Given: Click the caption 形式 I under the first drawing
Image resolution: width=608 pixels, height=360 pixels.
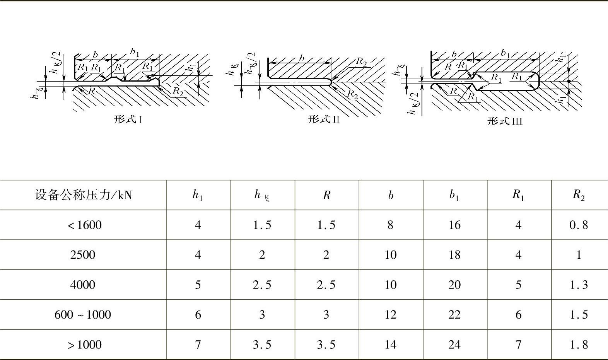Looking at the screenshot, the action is [x=128, y=119].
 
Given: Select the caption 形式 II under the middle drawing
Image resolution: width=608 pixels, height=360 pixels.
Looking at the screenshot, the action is [x=324, y=119].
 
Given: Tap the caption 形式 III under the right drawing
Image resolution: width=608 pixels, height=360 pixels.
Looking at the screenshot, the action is [x=505, y=121].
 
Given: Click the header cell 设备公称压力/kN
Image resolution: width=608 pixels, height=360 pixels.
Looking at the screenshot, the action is [x=83, y=195].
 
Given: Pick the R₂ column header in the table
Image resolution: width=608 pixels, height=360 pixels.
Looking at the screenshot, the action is [x=578, y=195].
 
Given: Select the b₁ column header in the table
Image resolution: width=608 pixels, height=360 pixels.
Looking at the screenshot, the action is [x=454, y=195].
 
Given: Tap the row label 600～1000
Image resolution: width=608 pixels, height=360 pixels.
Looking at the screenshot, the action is [x=83, y=315].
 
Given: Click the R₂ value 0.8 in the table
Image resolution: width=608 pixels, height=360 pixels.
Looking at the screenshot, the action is [x=578, y=225].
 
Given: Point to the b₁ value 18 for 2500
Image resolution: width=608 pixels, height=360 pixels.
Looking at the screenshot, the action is [x=454, y=255].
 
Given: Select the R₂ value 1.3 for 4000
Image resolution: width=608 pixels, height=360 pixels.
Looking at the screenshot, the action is [x=578, y=285].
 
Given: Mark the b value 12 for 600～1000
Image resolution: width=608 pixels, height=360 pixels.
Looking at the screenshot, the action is [x=390, y=315].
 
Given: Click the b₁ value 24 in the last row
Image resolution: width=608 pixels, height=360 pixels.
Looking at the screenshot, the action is [x=454, y=345].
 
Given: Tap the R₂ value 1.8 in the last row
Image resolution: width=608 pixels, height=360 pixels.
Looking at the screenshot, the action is [x=578, y=345].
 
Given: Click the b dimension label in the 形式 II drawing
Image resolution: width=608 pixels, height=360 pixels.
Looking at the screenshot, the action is [x=302, y=58].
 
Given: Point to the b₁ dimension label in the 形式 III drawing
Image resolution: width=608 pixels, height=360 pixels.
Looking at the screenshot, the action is [x=505, y=53].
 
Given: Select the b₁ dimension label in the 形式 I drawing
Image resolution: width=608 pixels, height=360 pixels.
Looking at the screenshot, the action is [x=134, y=51].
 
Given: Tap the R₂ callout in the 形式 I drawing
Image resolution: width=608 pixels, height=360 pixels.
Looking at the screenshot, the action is [x=178, y=91].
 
